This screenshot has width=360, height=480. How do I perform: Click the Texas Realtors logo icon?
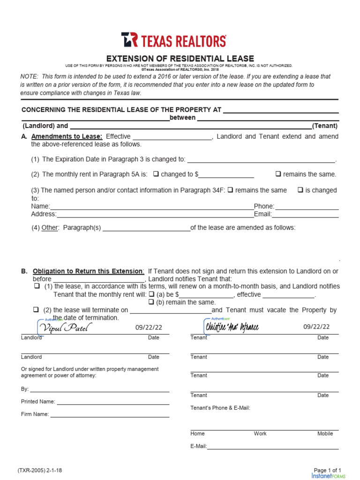[129, 40]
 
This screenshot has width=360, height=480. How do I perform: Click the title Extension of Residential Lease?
[180, 59]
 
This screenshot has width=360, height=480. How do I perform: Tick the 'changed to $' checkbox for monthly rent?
[156, 174]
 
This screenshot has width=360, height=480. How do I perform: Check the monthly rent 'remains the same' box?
[278, 174]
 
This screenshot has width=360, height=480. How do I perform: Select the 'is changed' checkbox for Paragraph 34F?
[300, 190]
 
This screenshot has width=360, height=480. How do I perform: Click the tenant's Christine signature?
[232, 327]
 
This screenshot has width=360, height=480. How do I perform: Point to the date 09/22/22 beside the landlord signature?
[149, 327]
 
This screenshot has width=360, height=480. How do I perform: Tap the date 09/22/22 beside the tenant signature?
[316, 327]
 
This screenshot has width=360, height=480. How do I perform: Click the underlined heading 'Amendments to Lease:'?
[67, 136]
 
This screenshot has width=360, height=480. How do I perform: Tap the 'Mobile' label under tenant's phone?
[325, 434]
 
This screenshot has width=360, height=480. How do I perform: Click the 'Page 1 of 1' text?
[327, 470]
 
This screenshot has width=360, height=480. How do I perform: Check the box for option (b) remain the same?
[151, 302]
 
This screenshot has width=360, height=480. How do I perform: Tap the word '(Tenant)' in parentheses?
[325, 126]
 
